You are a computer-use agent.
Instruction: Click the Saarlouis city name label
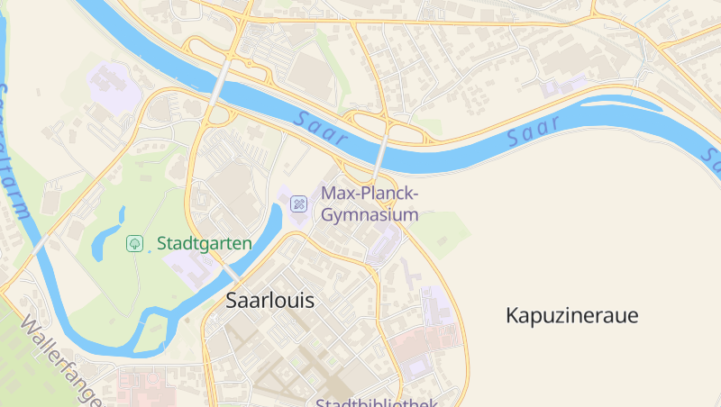(x=270, y=301)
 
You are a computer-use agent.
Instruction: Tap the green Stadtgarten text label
(x=204, y=243)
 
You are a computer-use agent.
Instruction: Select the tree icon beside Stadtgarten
(x=134, y=243)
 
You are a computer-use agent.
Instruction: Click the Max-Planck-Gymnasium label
(x=370, y=204)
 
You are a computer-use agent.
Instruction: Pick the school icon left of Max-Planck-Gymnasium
(x=298, y=203)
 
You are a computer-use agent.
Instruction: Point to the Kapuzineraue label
(x=571, y=316)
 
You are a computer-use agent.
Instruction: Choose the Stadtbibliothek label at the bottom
(x=376, y=402)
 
